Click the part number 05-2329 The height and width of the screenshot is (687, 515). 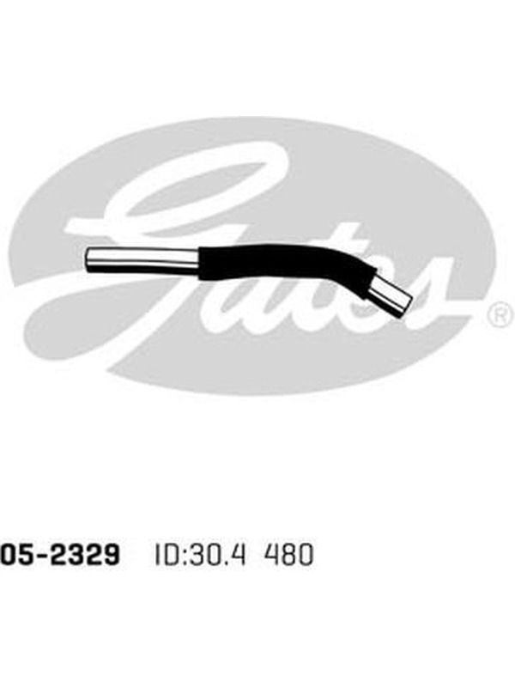point(59,554)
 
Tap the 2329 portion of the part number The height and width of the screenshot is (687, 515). point(83,554)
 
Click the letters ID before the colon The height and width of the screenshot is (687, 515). point(166,554)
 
